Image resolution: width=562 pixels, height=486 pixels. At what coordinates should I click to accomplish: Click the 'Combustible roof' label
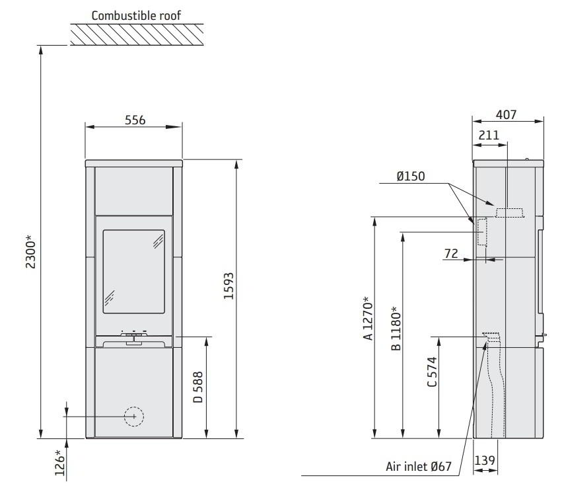[136, 15]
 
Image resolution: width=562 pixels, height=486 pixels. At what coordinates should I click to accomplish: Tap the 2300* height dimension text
[30, 252]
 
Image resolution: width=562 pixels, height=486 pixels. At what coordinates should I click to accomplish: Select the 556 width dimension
[135, 120]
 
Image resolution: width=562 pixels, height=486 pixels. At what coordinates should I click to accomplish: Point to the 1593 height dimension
[228, 286]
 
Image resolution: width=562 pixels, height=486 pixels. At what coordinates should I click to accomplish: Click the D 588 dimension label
[198, 387]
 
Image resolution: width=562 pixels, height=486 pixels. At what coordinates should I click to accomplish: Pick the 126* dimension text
[60, 463]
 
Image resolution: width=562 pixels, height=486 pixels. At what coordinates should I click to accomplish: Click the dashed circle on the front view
[134, 417]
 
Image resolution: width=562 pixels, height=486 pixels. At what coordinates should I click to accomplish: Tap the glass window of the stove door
[133, 272]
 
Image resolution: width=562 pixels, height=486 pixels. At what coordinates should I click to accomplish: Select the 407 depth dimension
[506, 114]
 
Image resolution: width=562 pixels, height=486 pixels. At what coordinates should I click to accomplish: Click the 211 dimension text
[489, 136]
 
